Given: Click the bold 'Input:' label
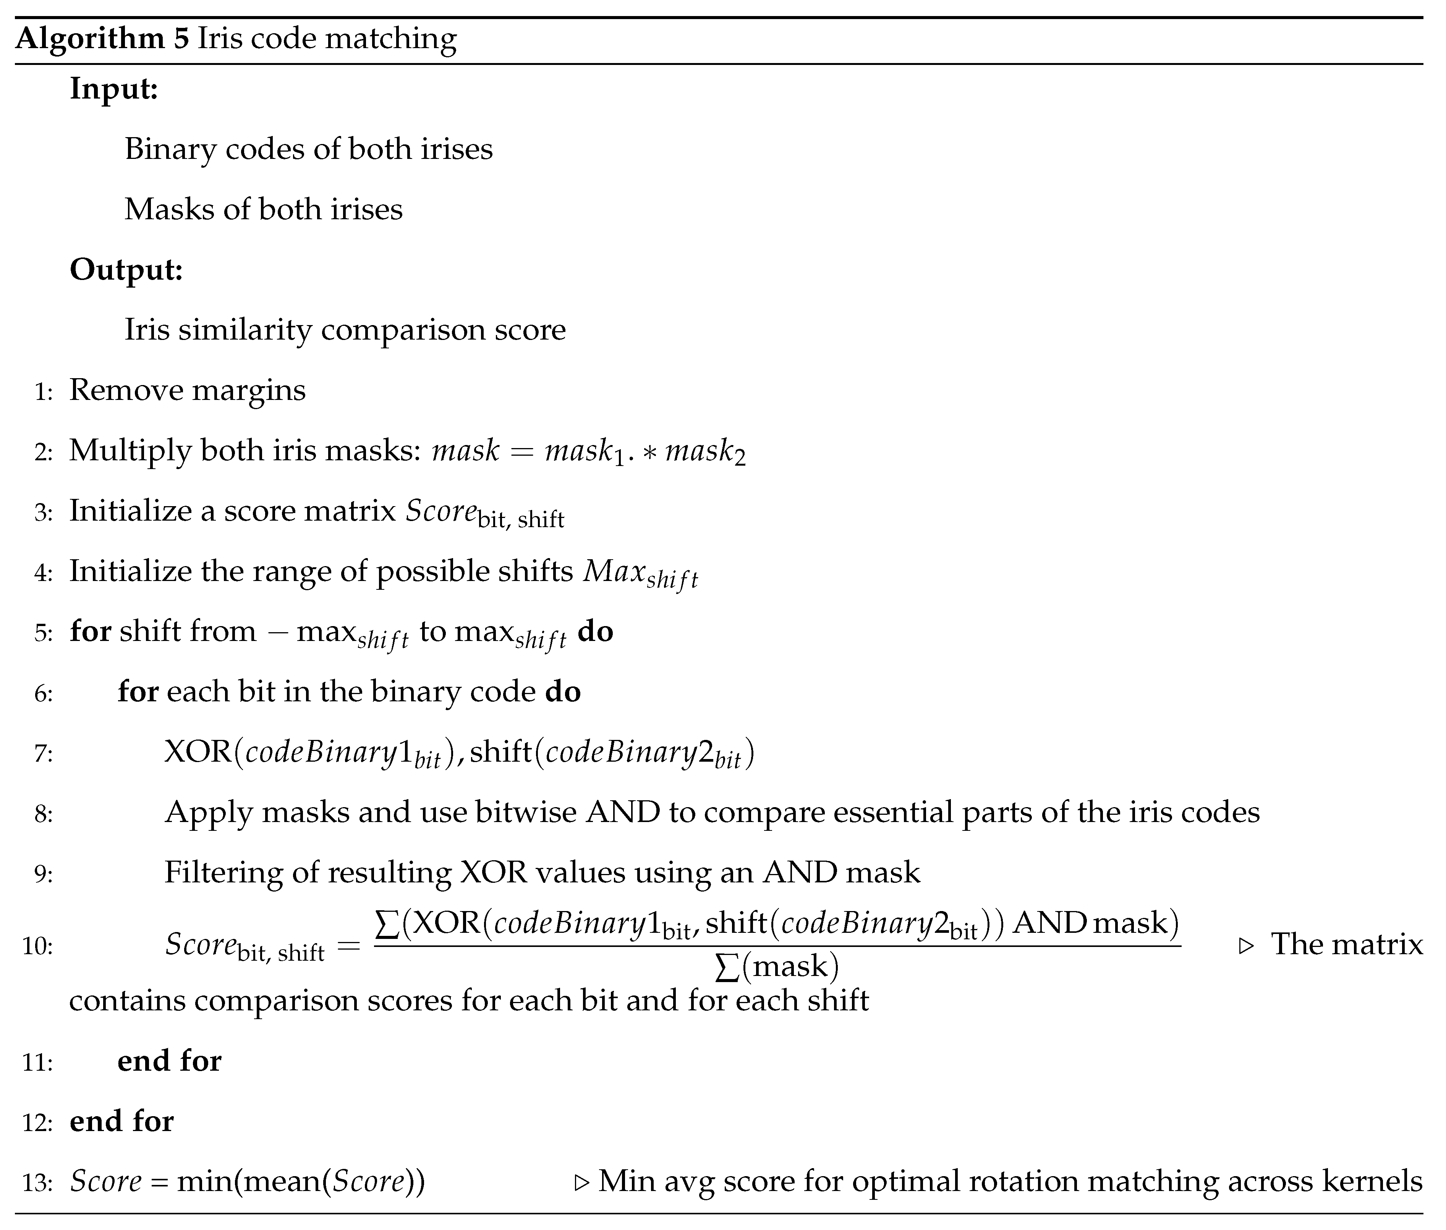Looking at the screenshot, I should pos(113,89).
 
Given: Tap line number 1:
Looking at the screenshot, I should pos(43,392).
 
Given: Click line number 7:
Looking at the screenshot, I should pos(43,754).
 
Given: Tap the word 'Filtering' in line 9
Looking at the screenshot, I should pos(222,872).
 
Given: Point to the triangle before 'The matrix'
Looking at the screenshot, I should pos(1246,946).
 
